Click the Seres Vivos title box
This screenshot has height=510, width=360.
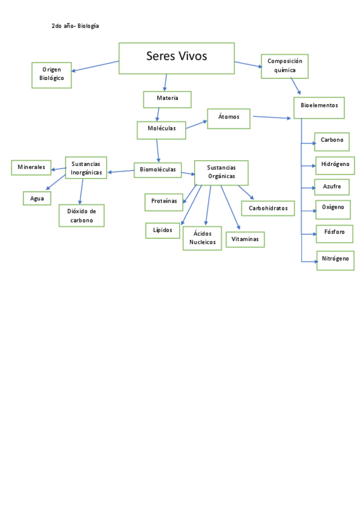coord(176,58)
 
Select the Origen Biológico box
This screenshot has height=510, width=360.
coord(52,75)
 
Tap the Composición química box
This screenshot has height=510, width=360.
coord(285,66)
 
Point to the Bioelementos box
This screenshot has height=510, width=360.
coord(319,108)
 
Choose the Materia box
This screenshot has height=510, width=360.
coord(167,99)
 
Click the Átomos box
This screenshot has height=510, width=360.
coord(229,117)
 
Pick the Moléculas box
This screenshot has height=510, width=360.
coord(161,129)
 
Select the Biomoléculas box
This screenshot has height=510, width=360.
coord(157,170)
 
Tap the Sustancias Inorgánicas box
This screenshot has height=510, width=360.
coord(87,168)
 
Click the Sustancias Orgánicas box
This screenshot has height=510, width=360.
coord(221,172)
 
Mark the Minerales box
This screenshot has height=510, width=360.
coord(31,167)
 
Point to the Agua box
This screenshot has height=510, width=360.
coord(37,198)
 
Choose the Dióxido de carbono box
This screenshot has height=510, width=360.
coord(82,215)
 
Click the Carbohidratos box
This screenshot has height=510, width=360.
coord(268,209)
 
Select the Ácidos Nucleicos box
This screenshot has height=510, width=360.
coord(203,238)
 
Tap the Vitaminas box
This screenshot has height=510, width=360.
coord(245,239)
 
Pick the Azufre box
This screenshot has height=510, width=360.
coord(332,187)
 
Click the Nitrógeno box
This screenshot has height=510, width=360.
coord(335,260)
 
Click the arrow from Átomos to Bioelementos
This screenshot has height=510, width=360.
coord(273,117)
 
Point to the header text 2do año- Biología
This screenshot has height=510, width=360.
coord(75,26)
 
